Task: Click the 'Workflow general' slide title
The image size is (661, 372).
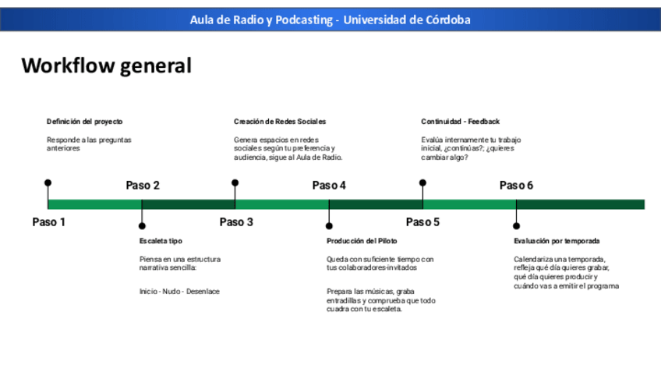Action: (106, 66)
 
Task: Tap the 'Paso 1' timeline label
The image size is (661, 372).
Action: (49, 222)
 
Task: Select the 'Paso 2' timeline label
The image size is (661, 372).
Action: (143, 186)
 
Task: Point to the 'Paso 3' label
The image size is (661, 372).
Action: (236, 222)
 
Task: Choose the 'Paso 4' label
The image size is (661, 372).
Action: (329, 186)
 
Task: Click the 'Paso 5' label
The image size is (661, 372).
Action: (423, 222)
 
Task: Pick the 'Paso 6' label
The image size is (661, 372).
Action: (516, 186)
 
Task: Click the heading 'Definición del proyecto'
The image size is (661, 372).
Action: (84, 122)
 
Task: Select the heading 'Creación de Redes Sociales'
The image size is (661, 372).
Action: (280, 122)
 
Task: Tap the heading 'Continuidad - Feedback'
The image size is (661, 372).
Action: (460, 122)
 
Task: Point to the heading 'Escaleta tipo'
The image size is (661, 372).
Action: (161, 241)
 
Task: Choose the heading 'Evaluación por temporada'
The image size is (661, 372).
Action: (557, 241)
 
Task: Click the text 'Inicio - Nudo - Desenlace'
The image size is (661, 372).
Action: (179, 292)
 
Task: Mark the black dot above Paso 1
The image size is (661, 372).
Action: (48, 183)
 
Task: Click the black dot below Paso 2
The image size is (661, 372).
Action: (142, 225)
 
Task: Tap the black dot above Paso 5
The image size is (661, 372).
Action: (422, 183)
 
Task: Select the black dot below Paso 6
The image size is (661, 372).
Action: (516, 225)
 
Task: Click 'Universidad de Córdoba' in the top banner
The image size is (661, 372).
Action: (407, 19)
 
